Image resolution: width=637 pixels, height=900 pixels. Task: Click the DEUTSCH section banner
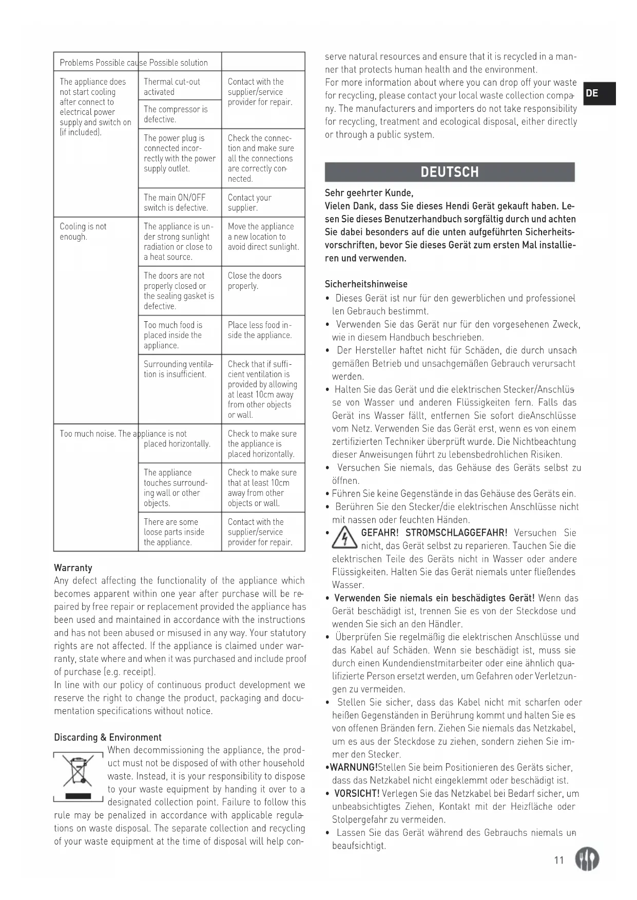[x=450, y=172]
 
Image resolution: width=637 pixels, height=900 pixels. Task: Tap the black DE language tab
[x=599, y=93]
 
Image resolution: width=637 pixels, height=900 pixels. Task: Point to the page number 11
[x=559, y=860]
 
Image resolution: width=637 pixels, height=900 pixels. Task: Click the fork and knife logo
[x=587, y=858]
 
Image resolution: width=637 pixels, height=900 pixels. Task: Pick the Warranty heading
[x=73, y=568]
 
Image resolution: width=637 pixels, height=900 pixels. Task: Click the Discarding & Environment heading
[x=107, y=737]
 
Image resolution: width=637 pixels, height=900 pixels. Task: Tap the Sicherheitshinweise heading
[x=366, y=284]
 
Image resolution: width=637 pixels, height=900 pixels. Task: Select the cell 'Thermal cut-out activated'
[x=172, y=87]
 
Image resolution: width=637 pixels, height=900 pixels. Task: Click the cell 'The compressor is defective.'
[x=176, y=114]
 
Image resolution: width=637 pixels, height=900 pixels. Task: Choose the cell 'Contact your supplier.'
[x=249, y=202]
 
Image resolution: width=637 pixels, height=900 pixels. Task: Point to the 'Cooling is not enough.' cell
[x=83, y=231]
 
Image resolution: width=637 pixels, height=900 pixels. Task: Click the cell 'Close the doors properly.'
[x=255, y=281]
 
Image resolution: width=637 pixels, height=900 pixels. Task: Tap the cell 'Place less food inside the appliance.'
[x=259, y=330]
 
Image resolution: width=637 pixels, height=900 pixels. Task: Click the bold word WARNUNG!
[x=354, y=767]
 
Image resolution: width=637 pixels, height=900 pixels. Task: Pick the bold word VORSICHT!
[x=357, y=793]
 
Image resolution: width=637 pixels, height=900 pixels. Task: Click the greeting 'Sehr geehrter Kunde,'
[x=369, y=193]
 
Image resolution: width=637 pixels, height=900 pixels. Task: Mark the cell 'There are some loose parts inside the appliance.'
[x=174, y=532]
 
